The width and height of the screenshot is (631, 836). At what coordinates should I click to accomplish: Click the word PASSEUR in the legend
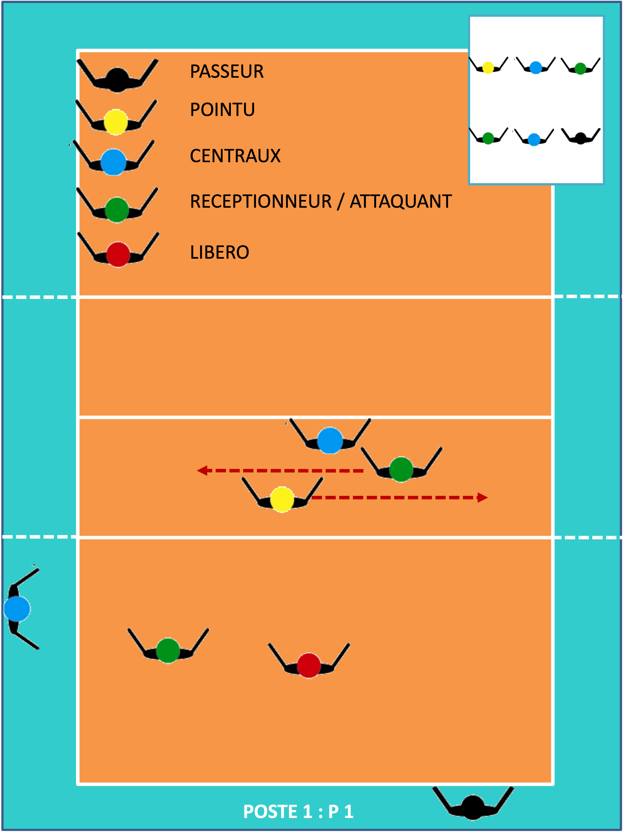227,71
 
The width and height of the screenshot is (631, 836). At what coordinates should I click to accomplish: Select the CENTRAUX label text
235,156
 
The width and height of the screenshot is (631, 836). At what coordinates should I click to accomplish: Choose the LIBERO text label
219,252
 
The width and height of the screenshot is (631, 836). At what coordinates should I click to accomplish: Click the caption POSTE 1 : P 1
298,812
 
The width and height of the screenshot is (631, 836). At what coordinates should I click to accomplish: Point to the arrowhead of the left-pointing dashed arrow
202,471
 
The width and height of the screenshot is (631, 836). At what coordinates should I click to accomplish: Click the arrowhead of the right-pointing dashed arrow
483,497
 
